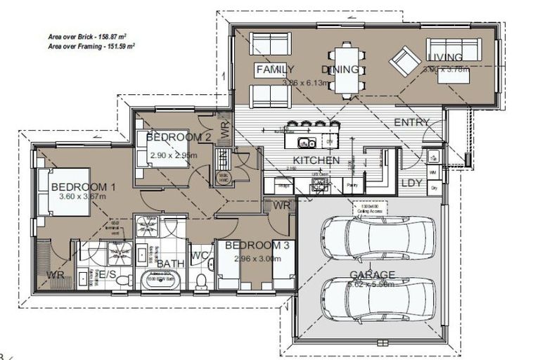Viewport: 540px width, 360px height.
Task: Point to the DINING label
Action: click(340, 70)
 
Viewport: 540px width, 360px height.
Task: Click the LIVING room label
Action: click(444, 58)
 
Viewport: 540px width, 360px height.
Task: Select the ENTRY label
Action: click(411, 122)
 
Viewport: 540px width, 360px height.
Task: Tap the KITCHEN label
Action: click(316, 161)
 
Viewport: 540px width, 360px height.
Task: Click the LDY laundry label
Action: click(411, 184)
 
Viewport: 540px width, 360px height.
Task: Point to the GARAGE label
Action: click(373, 275)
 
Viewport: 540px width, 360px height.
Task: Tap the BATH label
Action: click(170, 264)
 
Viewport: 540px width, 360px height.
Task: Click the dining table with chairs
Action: click(345, 69)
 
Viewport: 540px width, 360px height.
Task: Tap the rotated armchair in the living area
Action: click(405, 60)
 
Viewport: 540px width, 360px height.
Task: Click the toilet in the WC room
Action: click(201, 280)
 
